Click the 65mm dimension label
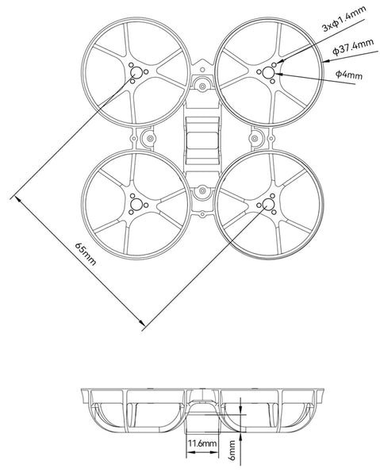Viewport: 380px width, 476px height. tap(85, 255)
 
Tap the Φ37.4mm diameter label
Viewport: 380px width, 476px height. tap(351, 50)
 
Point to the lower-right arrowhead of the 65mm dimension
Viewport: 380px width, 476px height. tap(142, 322)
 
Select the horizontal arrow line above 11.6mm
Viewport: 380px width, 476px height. tap(202, 431)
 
